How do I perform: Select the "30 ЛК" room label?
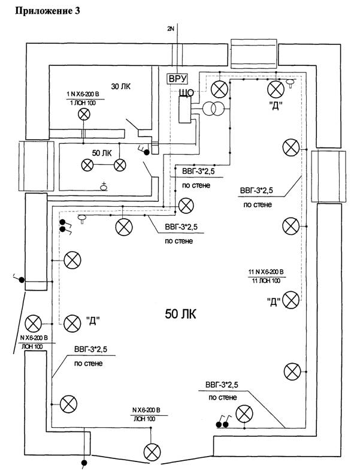[x=122, y=87]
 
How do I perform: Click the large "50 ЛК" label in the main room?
[x=180, y=313]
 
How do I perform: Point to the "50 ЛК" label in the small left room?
[x=102, y=153]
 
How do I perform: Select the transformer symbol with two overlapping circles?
[x=213, y=109]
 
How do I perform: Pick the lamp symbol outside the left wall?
[x=34, y=324]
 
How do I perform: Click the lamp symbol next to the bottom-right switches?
[x=244, y=413]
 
